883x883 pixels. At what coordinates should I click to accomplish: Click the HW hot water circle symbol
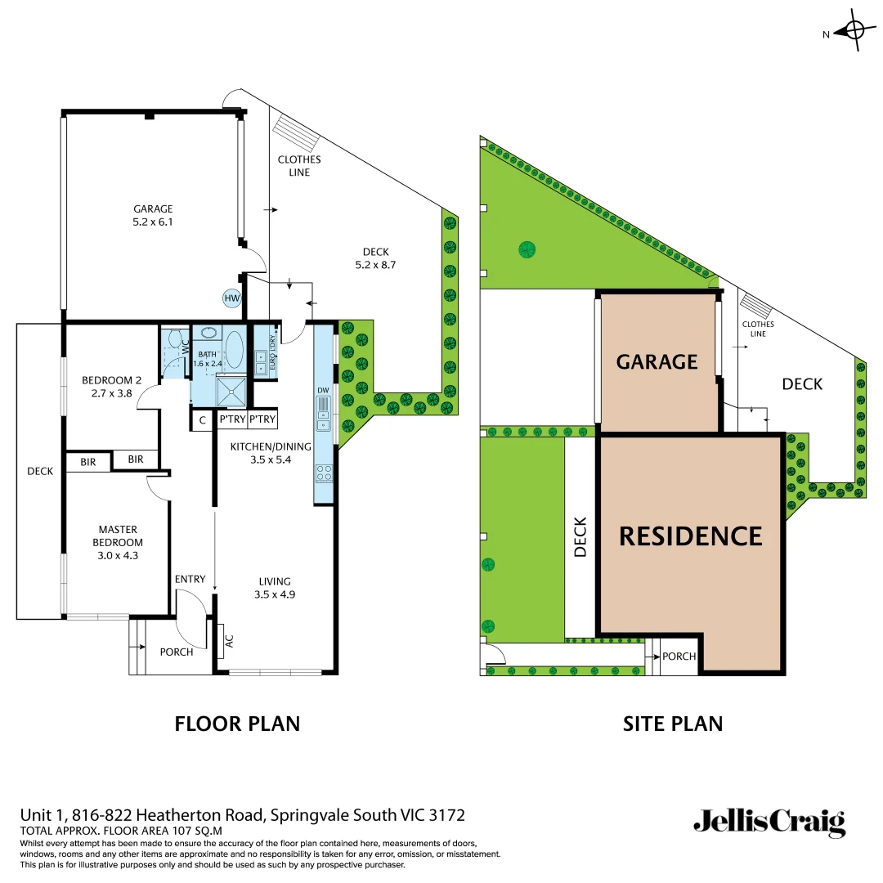(232, 298)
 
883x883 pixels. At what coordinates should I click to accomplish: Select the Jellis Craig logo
(769, 822)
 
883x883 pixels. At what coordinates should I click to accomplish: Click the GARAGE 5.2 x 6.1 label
(154, 215)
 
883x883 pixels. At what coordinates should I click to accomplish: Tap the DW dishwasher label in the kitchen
(323, 391)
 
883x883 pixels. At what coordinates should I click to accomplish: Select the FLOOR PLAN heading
(237, 724)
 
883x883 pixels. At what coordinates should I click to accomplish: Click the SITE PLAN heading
(672, 724)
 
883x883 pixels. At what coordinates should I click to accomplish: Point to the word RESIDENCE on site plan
(690, 536)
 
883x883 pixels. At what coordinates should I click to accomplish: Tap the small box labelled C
(202, 420)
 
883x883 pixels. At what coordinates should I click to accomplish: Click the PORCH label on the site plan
(679, 657)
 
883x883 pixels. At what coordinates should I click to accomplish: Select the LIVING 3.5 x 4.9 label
(274, 588)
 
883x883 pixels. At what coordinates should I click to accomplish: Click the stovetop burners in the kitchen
(324, 473)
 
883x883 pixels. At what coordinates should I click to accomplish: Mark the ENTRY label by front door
(190, 580)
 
